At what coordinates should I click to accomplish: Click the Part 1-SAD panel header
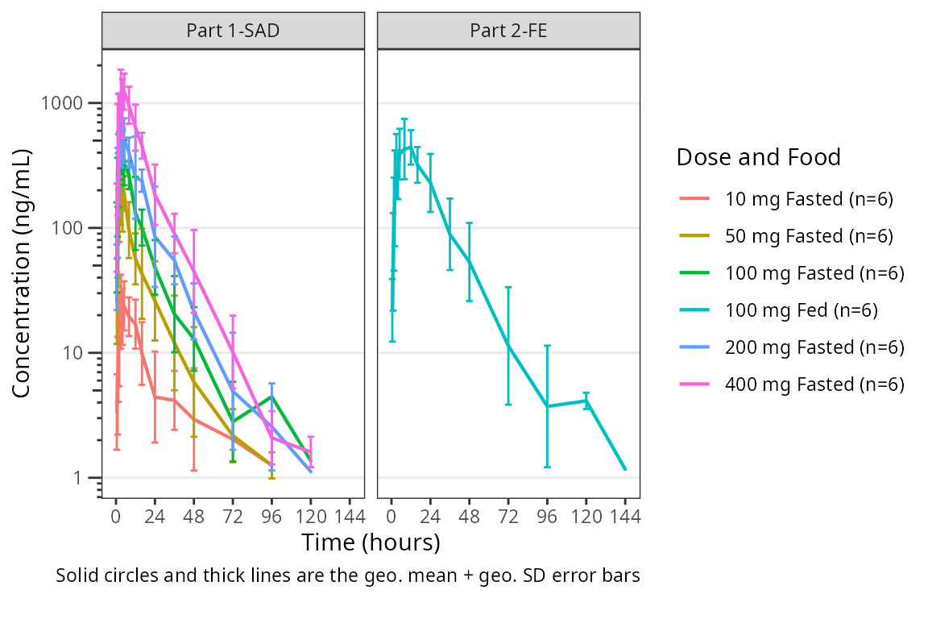tap(233, 31)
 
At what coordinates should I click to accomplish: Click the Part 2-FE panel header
tap(508, 31)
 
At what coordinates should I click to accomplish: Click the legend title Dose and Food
tap(758, 157)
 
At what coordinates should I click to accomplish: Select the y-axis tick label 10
tap(82, 353)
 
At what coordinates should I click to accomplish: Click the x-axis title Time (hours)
tap(371, 542)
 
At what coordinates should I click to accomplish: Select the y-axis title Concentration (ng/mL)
tap(22, 272)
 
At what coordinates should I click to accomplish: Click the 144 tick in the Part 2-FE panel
tap(625, 517)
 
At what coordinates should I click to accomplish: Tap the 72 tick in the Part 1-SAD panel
tap(233, 517)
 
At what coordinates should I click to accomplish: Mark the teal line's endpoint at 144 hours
tap(625, 469)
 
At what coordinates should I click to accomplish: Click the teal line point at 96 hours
tap(548, 406)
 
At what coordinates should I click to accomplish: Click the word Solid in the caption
tap(76, 576)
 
